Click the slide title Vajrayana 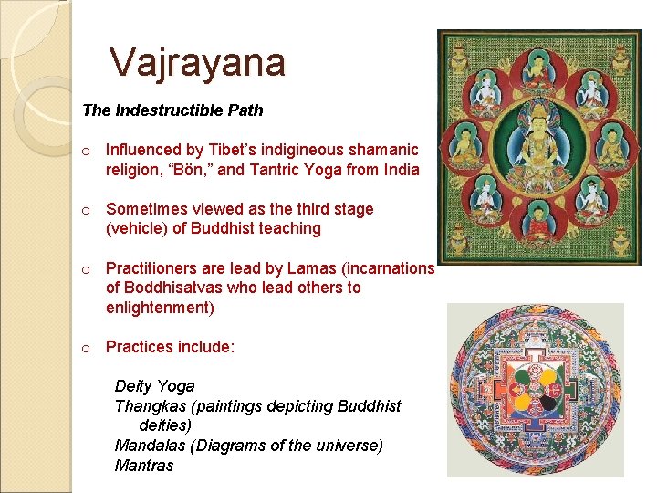[x=197, y=63]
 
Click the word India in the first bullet [x=401, y=170]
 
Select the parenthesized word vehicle [x=138, y=229]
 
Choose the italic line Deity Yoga [x=154, y=386]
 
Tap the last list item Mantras [x=143, y=466]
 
